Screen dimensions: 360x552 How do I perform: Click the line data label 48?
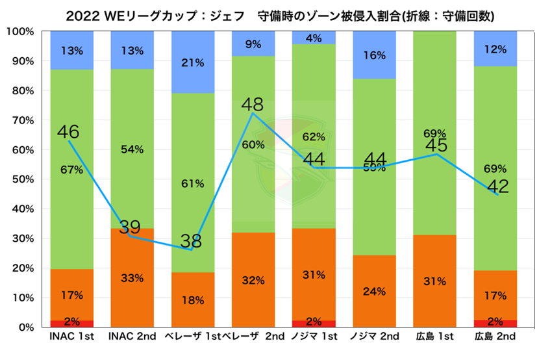252,105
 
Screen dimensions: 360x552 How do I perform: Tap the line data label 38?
191,242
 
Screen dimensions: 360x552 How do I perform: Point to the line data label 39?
130,227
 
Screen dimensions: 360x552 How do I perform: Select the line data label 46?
68,133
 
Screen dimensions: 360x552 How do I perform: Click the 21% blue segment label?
193,63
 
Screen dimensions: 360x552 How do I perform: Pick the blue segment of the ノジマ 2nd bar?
375,55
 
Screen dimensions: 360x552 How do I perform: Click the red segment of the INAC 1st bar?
71,324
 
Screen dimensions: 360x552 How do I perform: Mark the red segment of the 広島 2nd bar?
496,324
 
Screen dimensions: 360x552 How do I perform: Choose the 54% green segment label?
132,149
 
